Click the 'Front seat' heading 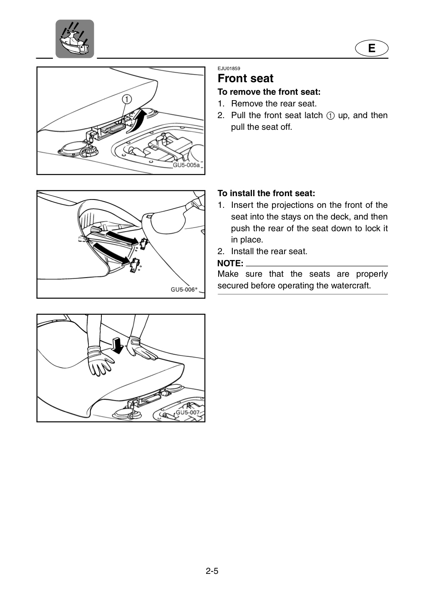[x=245, y=78]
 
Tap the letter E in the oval [x=372, y=48]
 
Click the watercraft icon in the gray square [x=75, y=39]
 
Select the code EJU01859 [x=229, y=68]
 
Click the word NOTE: [x=230, y=263]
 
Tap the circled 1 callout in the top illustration [x=127, y=99]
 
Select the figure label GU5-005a [x=186, y=165]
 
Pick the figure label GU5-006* [x=184, y=290]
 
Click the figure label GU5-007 [x=188, y=412]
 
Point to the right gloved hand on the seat [x=141, y=348]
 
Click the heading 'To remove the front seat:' [x=269, y=92]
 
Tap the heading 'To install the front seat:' [x=266, y=193]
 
